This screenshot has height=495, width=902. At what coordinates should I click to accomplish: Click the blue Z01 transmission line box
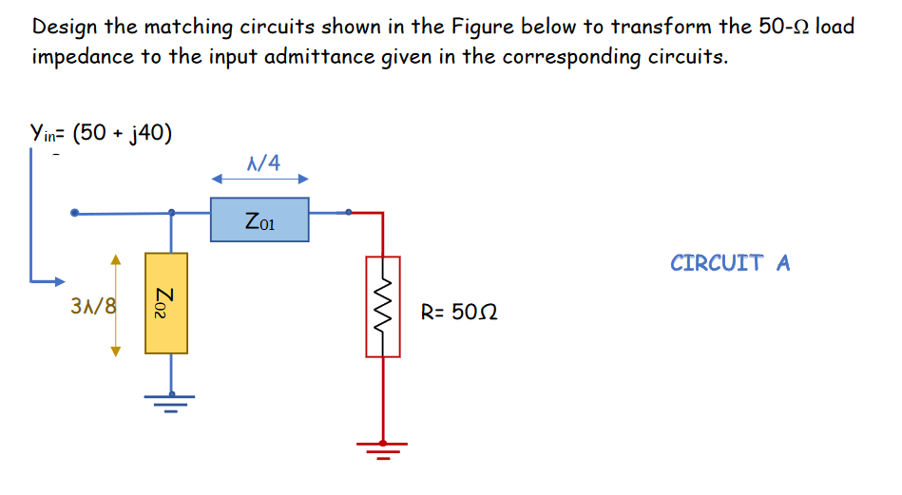(x=259, y=219)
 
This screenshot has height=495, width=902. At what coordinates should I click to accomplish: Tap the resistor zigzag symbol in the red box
(x=383, y=306)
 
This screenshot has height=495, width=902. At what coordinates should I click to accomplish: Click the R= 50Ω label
(x=460, y=312)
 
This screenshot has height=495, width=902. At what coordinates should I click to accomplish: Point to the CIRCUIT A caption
(x=729, y=262)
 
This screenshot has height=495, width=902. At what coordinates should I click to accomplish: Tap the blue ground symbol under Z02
(x=171, y=402)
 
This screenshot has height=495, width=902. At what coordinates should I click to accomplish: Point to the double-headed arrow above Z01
(x=259, y=179)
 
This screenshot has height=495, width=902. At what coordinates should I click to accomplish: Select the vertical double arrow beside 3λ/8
(x=116, y=305)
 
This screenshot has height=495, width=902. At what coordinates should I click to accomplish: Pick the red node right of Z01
(x=349, y=213)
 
